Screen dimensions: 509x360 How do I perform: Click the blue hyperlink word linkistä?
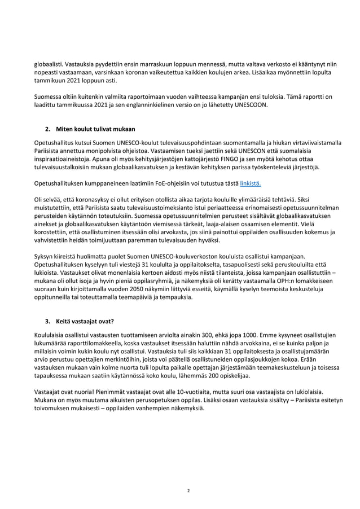pyautogui.click(x=251, y=184)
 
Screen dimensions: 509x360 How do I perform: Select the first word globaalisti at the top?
pyautogui.click(x=48, y=65)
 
